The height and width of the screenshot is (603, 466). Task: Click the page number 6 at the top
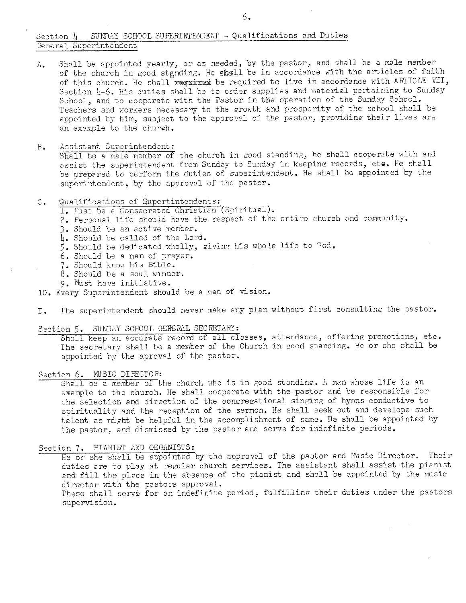coord(246,16)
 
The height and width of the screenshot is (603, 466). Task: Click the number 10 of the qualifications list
coord(43,292)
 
